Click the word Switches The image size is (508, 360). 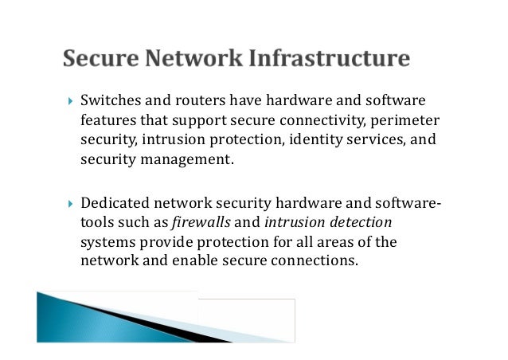[109, 101]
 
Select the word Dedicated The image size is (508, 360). [116, 204]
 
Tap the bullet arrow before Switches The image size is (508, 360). [69, 102]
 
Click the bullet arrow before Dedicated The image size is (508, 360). [69, 205]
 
